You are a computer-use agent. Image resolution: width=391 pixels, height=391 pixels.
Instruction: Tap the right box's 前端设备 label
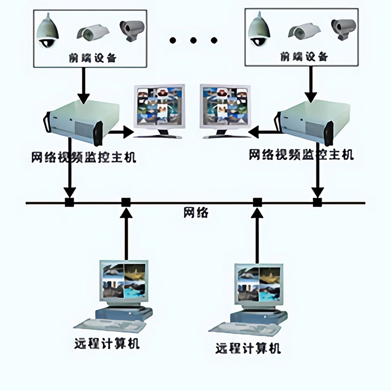304,56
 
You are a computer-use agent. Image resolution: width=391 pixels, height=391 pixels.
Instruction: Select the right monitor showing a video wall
224,107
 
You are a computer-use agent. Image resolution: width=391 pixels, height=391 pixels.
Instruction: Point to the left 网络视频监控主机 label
84,157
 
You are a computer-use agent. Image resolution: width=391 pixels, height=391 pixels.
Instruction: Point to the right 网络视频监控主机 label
301,155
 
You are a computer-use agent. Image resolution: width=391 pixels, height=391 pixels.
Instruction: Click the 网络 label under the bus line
195,213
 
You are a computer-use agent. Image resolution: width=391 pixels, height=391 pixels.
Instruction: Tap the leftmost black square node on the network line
69,202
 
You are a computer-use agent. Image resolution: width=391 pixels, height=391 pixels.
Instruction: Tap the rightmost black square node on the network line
317,202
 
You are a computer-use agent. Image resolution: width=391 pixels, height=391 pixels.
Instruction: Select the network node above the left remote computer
126,202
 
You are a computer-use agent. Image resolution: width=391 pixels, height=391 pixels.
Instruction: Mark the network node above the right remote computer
257,202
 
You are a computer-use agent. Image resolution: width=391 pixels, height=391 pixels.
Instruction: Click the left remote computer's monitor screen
124,282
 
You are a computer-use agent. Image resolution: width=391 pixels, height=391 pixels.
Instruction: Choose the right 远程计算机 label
248,348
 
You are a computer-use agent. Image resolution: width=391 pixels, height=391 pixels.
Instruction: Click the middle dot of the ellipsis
194,40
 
